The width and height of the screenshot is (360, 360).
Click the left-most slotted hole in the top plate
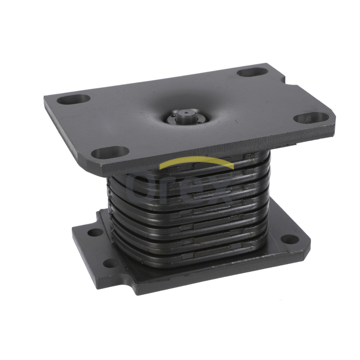(x=73, y=99)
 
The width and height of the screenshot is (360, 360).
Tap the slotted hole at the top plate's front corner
(x=110, y=152)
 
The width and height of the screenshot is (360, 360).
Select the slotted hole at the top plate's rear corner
(x=252, y=72)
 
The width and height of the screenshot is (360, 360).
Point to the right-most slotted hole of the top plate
(x=311, y=118)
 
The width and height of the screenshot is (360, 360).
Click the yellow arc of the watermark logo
(x=196, y=163)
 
